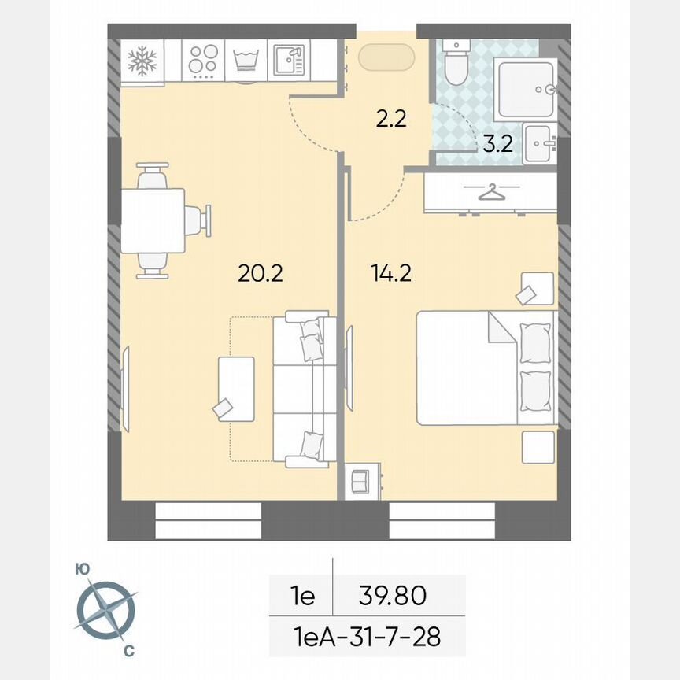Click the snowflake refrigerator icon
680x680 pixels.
[x=142, y=60]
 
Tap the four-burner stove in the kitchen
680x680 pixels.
[x=203, y=60]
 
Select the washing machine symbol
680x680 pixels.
[x=247, y=61]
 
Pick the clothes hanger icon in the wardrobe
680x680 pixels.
[x=490, y=191]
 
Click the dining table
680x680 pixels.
[x=153, y=220]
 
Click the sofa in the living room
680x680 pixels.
[x=304, y=388]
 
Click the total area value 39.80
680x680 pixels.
[x=392, y=596]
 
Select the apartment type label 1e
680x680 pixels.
[x=302, y=596]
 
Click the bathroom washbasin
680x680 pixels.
[x=539, y=143]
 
